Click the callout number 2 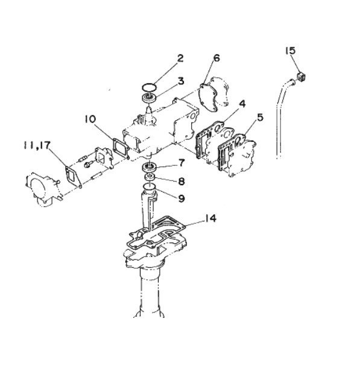pyautogui.click(x=180, y=58)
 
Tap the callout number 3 pyautogui.click(x=180, y=81)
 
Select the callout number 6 pyautogui.click(x=216, y=58)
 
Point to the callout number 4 pyautogui.click(x=242, y=104)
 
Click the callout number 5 pyautogui.click(x=260, y=118)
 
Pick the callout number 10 pyautogui.click(x=90, y=119)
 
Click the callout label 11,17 pyautogui.click(x=37, y=145)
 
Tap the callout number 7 pyautogui.click(x=182, y=163)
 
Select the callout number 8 pyautogui.click(x=182, y=181)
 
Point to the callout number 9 pyautogui.click(x=182, y=198)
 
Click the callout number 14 pyautogui.click(x=210, y=218)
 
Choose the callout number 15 pyautogui.click(x=290, y=51)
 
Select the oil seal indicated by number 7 pyautogui.click(x=149, y=167)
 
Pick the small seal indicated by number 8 pyautogui.click(x=149, y=176)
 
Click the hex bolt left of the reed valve pyautogui.click(x=88, y=165)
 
